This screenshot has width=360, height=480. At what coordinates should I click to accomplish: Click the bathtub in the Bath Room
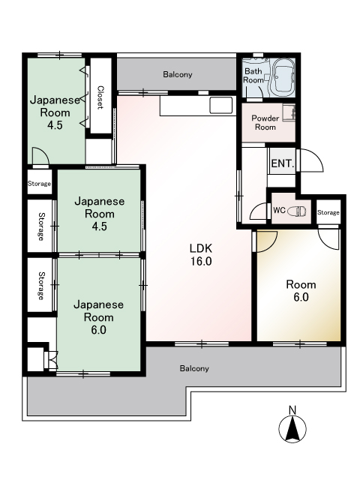283,77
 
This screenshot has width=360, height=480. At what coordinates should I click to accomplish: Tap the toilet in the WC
297,211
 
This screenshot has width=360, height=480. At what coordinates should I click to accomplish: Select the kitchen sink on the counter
220,105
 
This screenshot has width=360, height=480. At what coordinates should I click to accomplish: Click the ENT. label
283,163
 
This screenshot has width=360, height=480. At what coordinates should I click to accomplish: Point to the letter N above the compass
292,410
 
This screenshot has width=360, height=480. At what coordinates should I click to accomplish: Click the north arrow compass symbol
292,429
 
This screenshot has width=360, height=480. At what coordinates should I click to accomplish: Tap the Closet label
100,97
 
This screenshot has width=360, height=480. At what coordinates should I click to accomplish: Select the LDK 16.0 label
201,255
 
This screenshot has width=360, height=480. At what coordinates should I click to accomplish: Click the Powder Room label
265,122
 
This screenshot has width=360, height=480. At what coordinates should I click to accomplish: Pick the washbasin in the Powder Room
289,112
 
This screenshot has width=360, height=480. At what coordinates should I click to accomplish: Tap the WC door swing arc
259,211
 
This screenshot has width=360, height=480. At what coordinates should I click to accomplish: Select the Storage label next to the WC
328,212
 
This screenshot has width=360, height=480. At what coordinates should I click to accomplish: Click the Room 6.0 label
301,291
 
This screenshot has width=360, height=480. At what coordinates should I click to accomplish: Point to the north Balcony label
178,74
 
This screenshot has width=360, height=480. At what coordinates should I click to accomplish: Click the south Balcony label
194,368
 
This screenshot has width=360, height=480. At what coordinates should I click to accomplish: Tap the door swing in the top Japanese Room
40,156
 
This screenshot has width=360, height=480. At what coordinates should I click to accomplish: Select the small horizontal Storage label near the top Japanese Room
39,184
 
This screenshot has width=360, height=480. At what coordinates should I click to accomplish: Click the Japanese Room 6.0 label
98,317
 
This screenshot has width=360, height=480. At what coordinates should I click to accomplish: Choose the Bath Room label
253,76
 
